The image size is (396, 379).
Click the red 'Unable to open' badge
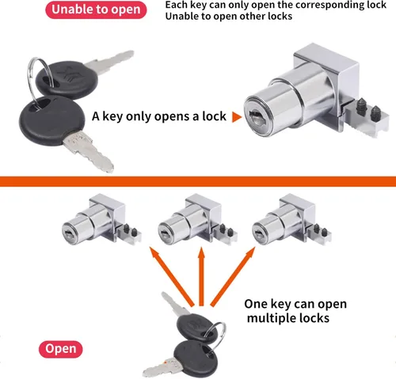click(96, 9)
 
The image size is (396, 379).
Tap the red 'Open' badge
click(61, 349)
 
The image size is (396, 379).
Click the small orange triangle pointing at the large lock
click(237, 117)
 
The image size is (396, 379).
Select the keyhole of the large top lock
click(256, 117)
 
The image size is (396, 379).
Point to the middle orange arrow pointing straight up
click(201, 276)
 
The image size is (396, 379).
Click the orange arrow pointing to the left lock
click(172, 277)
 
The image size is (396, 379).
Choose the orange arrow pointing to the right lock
click(233, 277)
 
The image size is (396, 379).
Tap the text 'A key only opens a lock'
click(159, 116)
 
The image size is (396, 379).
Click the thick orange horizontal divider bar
click(198, 182)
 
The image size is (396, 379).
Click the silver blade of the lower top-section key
click(89, 152)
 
